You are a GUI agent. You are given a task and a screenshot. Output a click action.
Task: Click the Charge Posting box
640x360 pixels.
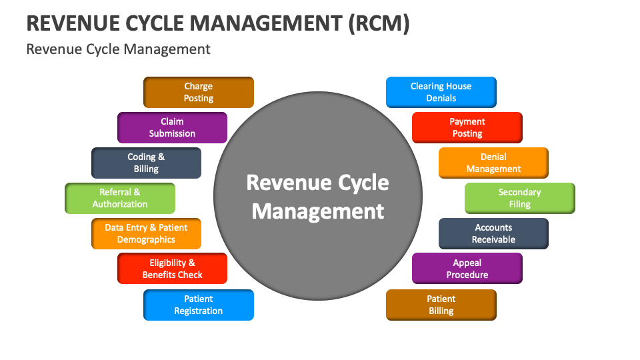(x=199, y=92)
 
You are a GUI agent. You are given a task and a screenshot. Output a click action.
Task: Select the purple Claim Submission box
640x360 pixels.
(x=172, y=127)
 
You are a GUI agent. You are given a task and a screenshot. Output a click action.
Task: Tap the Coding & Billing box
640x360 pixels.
(x=146, y=163)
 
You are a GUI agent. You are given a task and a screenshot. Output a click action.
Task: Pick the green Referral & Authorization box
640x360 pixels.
(x=120, y=198)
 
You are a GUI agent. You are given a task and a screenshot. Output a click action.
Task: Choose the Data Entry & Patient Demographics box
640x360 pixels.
(x=146, y=233)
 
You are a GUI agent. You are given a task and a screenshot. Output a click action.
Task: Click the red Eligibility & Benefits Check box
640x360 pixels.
(x=172, y=269)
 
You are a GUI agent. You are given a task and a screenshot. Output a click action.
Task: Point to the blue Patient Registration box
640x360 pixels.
(x=199, y=305)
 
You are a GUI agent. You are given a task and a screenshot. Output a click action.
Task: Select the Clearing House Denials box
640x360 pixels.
(x=441, y=92)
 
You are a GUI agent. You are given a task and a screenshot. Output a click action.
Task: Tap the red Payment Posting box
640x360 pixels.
(x=467, y=127)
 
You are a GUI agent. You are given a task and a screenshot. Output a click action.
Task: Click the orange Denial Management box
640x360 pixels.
(x=493, y=163)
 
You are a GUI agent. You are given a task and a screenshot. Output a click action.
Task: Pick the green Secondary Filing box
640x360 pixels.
(x=519, y=198)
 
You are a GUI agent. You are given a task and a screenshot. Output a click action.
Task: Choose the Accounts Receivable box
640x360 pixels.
(x=493, y=233)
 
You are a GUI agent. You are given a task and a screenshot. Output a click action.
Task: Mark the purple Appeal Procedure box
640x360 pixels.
(x=467, y=269)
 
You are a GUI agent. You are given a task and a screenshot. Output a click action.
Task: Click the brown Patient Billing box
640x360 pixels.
(x=441, y=305)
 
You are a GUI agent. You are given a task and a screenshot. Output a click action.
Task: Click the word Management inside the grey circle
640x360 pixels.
(x=318, y=211)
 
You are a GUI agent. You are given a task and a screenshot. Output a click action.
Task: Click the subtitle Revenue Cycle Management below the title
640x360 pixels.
(x=118, y=49)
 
